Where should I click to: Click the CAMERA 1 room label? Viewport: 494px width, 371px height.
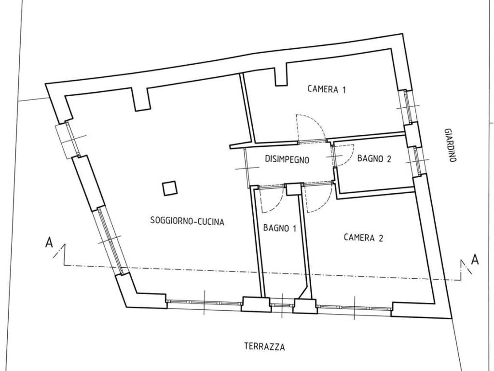(327, 89)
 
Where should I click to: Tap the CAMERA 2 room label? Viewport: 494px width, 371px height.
(363, 237)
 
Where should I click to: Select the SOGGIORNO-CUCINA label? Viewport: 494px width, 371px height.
(187, 221)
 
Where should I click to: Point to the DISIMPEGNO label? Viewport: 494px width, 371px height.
(287, 159)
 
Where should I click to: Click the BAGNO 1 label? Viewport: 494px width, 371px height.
(280, 228)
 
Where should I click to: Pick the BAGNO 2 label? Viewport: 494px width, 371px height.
(374, 158)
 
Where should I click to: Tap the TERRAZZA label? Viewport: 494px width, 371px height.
(265, 347)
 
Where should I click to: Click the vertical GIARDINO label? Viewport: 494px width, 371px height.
(451, 145)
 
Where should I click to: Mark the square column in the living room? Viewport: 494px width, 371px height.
(170, 188)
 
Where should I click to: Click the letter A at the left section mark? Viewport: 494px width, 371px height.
(49, 243)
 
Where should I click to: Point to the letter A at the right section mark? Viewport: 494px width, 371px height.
(475, 260)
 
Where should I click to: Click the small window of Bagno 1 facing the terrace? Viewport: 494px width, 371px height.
(282, 305)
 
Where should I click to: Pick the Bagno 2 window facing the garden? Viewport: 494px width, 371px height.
(417, 161)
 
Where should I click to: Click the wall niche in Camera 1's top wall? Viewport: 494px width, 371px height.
(281, 74)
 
